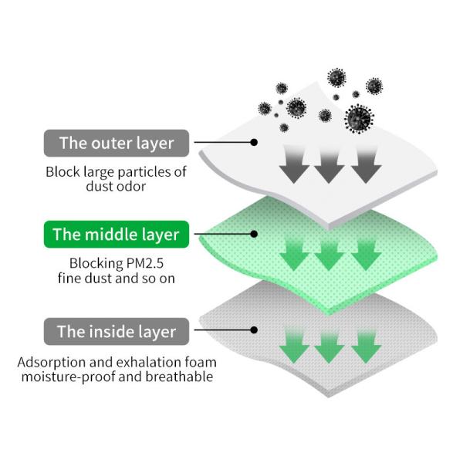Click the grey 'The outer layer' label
pyautogui.click(x=116, y=143)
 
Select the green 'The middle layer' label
pyautogui.click(x=116, y=235)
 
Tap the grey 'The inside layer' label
pyautogui.click(x=116, y=333)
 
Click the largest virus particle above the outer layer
pyautogui.click(x=358, y=118)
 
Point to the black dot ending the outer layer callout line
pyautogui.click(x=254, y=143)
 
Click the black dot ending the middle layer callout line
pyautogui.click(x=254, y=235)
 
